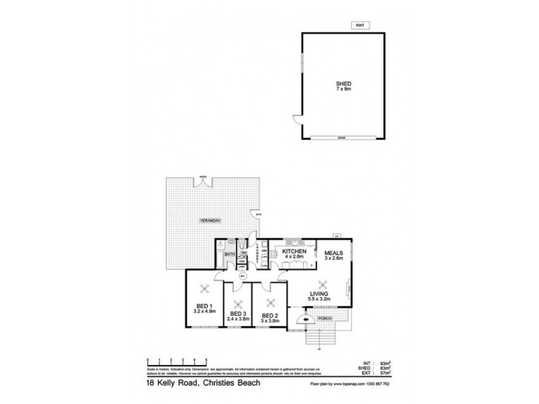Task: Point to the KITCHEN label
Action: (x=293, y=250)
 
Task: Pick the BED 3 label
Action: (x=237, y=313)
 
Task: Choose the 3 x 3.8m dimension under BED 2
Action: (x=269, y=321)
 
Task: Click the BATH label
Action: (x=229, y=255)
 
